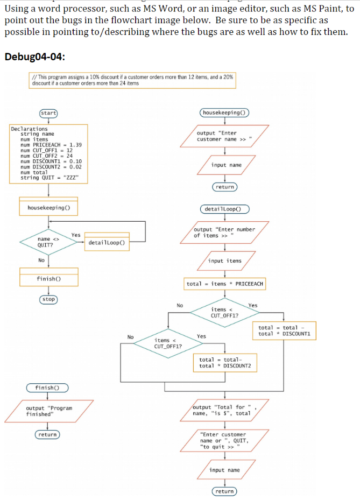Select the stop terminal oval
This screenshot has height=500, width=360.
(48, 299)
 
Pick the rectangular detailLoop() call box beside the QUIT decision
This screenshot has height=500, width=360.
(107, 242)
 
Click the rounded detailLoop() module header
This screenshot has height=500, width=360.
(224, 209)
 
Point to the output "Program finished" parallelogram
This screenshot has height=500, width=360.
(48, 411)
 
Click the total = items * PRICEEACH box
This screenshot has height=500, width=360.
(224, 284)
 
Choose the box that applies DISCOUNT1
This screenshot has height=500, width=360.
(284, 330)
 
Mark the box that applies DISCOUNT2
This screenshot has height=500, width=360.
(224, 363)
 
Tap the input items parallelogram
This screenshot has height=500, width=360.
(224, 261)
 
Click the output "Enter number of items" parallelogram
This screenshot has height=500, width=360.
(224, 232)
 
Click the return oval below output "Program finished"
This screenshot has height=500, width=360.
(47, 434)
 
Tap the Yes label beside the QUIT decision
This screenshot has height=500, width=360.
(76, 235)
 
